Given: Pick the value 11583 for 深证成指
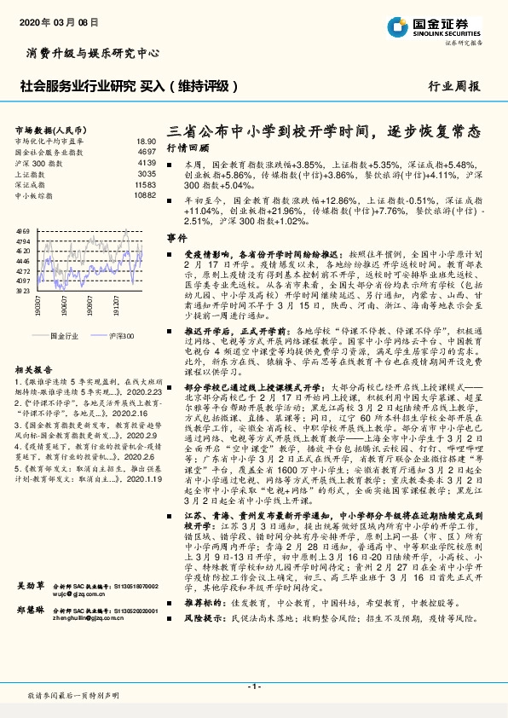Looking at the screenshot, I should click(x=145, y=183).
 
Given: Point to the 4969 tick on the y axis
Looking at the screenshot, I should click(x=22, y=231).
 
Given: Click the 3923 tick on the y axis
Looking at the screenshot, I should click(x=22, y=290).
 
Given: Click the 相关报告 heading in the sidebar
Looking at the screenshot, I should click(x=33, y=370).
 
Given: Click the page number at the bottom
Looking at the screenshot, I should click(x=253, y=686).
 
